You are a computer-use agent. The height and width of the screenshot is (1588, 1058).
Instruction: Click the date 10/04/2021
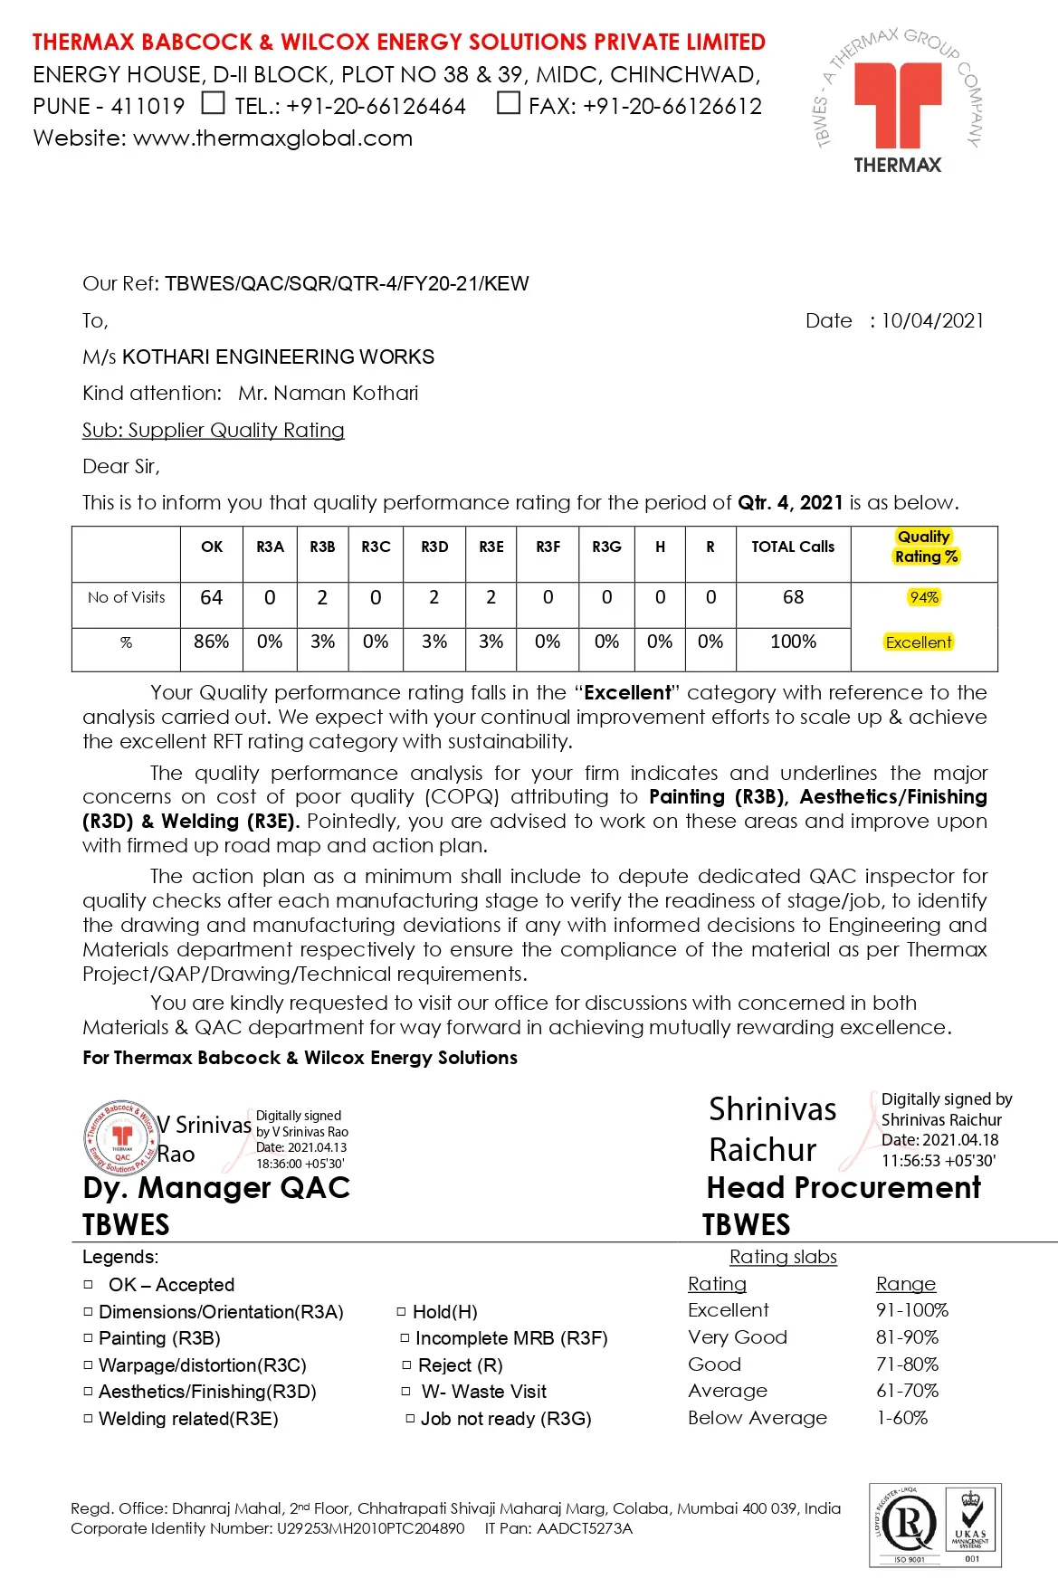[932, 320]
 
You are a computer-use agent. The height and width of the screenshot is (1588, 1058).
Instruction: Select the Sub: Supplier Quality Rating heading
[214, 430]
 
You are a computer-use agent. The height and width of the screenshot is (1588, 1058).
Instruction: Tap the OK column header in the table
[212, 547]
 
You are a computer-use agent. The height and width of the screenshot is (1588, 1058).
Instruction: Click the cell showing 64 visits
[212, 597]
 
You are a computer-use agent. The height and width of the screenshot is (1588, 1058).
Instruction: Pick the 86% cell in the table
[212, 642]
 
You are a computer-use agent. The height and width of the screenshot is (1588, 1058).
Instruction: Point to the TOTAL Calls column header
[793, 547]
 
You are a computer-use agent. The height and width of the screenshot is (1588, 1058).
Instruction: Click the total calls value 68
[793, 597]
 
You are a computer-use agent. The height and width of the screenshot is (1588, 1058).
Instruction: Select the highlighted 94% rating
[924, 597]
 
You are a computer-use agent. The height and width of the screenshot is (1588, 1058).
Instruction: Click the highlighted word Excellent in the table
[919, 642]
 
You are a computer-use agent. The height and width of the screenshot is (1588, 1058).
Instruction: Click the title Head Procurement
[844, 1187]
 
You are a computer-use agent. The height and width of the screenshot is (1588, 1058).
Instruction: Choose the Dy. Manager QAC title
[216, 1187]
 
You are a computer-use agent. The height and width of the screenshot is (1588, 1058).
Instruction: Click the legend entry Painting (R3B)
[159, 1338]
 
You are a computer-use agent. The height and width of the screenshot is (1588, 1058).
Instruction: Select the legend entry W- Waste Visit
[483, 1392]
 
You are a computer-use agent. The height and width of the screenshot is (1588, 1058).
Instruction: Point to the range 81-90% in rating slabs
[907, 1337]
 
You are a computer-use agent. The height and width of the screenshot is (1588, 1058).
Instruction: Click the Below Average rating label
[758, 1418]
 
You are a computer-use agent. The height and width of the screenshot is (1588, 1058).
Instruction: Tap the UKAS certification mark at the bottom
[970, 1525]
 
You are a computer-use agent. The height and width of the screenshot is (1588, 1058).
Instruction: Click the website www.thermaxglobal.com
[272, 138]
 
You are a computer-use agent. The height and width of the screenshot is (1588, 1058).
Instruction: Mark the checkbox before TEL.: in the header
[213, 103]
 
